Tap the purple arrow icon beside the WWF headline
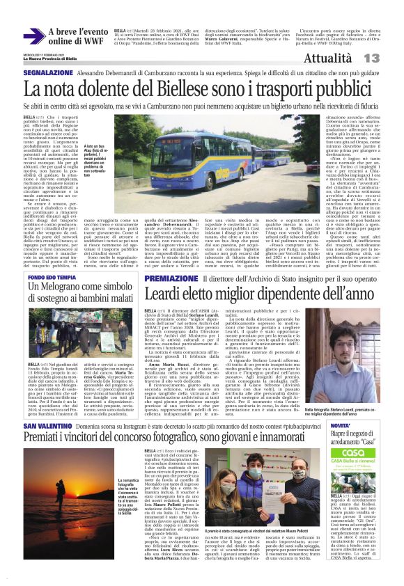coord(33,37)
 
